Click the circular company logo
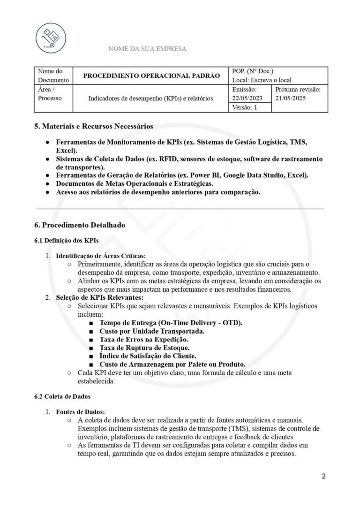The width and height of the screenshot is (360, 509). click(x=51, y=38)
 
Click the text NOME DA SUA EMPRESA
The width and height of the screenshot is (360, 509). click(x=147, y=49)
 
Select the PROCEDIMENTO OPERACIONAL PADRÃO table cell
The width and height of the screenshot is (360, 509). click(x=151, y=76)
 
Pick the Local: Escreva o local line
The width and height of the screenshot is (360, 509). click(x=262, y=80)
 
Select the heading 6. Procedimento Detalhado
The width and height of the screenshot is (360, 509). click(x=80, y=225)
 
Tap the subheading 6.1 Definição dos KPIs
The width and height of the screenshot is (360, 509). click(x=66, y=241)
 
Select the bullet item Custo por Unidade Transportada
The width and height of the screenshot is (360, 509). click(x=151, y=331)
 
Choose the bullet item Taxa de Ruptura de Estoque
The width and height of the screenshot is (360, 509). click(x=144, y=348)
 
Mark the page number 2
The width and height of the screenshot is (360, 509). click(x=323, y=476)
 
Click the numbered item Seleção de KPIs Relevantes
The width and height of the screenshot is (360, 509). click(x=99, y=297)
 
